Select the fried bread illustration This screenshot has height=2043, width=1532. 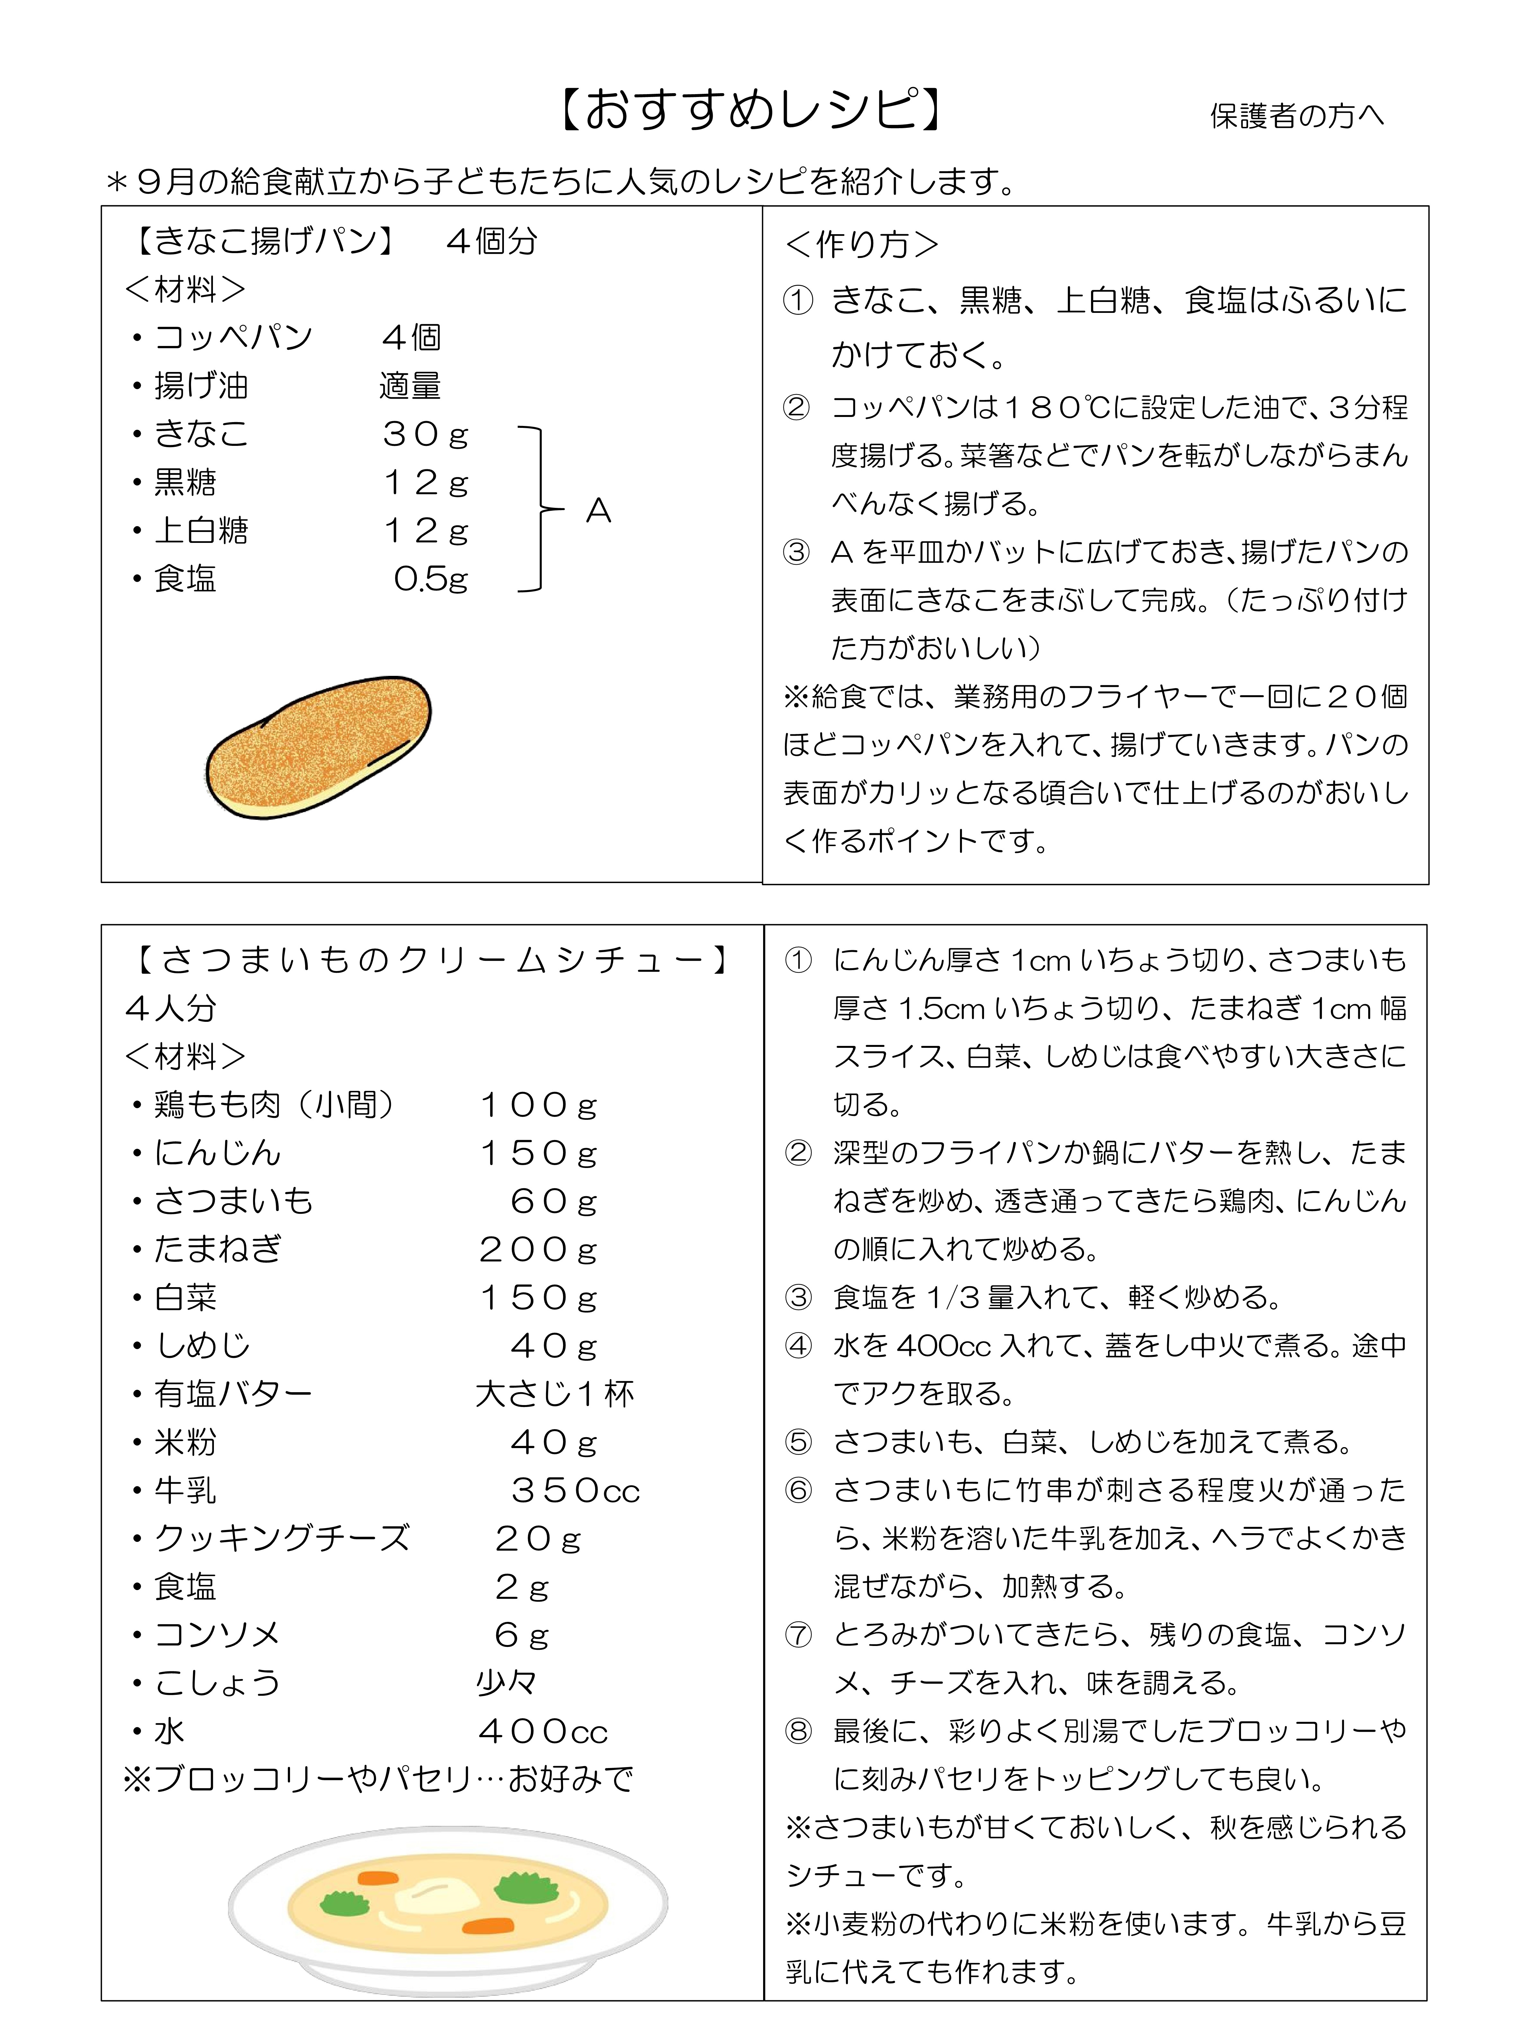tap(319, 746)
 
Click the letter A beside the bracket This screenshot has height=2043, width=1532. tap(598, 511)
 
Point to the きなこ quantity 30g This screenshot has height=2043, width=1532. tap(426, 434)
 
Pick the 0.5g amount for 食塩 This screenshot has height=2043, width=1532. tap(430, 579)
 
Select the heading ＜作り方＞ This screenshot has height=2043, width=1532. tap(861, 244)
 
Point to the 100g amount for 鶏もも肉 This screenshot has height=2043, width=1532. tap(538, 1105)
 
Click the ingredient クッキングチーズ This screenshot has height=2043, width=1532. tap(282, 1538)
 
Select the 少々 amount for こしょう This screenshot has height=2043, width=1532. tap(506, 1683)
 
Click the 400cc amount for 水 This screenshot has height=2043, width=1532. tap(543, 1731)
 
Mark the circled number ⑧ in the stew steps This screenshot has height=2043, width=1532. tap(798, 1731)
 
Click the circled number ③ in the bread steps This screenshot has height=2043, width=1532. tap(796, 552)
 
